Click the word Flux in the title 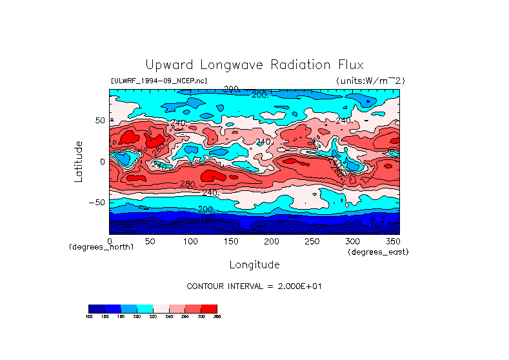[350, 65]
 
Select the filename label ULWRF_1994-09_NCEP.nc [159, 81]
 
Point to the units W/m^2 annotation [370, 81]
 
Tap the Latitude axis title [79, 161]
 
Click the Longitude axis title [254, 265]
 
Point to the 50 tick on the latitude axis [100, 121]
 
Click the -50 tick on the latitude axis [97, 202]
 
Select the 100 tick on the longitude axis [190, 241]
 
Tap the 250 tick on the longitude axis [312, 241]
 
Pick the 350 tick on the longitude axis [392, 241]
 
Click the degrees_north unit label [101, 247]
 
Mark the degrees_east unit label [377, 252]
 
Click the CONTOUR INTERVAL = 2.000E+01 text [254, 286]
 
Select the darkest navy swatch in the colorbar [96, 308]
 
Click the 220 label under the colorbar [153, 317]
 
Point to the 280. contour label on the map [187, 185]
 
